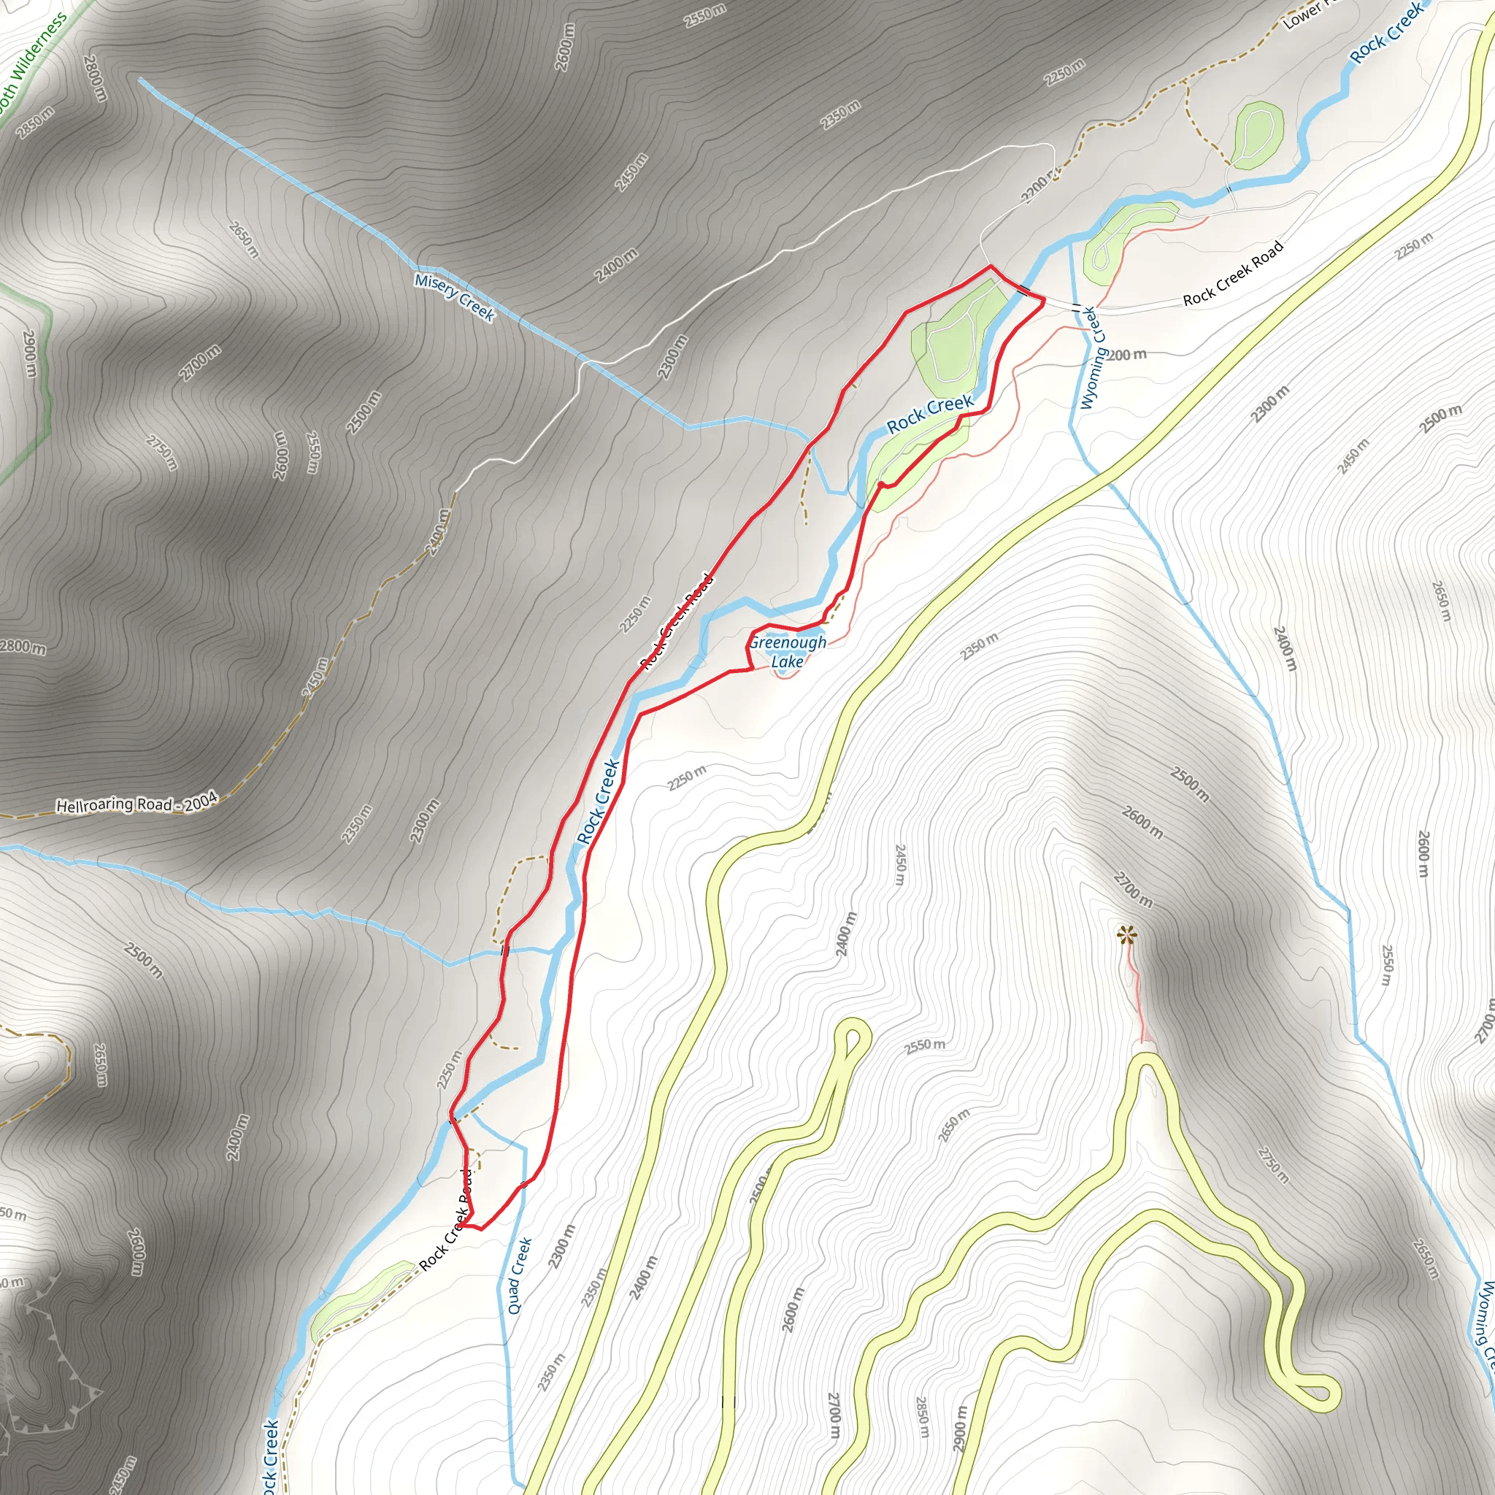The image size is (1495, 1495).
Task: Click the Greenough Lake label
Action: coord(787,652)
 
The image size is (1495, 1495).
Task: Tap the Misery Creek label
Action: coord(454,297)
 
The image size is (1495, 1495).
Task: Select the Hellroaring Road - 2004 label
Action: coord(137,804)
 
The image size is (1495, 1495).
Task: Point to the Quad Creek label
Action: coord(520,1275)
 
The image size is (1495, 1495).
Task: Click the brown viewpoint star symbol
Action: coord(1127,937)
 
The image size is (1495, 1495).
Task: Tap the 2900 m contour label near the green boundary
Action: coord(29,353)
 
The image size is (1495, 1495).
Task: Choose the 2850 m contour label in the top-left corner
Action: coord(36,122)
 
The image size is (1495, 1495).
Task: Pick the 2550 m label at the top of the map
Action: coord(705,15)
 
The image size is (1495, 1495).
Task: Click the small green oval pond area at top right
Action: coord(1258,136)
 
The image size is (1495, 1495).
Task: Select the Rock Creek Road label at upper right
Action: coord(1234,272)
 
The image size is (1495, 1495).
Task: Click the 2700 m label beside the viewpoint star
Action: coord(1133,890)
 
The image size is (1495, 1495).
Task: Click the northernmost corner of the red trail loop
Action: coord(991,267)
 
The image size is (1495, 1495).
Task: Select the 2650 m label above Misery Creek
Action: coord(244,240)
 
